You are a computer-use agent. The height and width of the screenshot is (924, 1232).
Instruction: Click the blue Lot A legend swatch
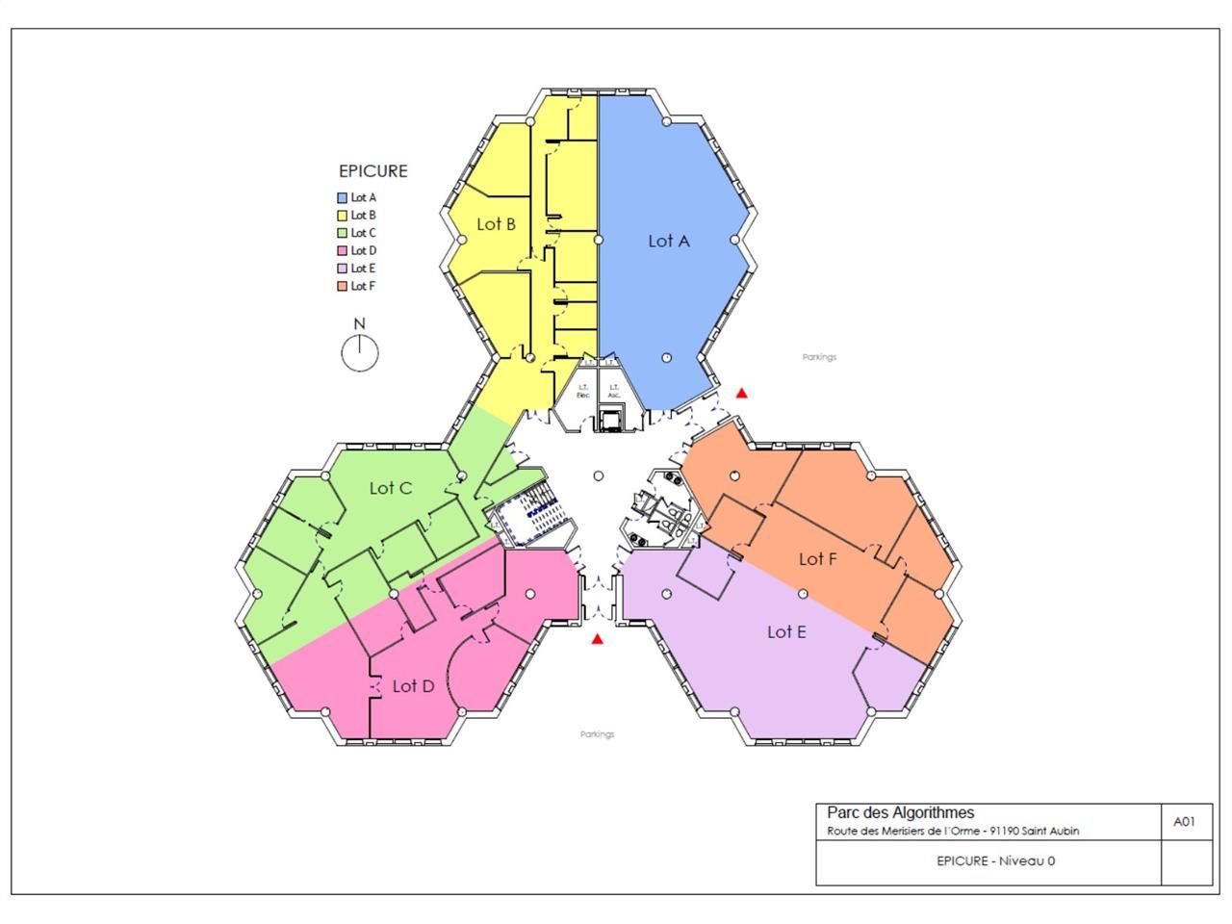coord(342,197)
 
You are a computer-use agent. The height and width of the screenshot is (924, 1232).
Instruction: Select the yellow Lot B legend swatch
coord(342,215)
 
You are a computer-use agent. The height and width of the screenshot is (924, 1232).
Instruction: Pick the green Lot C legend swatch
coord(342,233)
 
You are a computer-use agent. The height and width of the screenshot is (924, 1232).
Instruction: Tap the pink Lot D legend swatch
coord(342,250)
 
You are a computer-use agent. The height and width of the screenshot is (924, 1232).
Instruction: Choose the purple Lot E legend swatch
coord(342,269)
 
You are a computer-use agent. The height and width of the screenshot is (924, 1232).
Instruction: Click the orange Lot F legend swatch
coord(342,286)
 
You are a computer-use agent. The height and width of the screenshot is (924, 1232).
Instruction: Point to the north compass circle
coord(360,353)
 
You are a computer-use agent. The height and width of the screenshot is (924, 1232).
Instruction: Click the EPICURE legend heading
coord(372,171)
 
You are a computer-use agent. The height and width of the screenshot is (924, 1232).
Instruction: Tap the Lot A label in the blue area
coord(668,241)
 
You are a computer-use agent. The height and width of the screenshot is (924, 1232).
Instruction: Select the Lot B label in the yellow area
coord(497,224)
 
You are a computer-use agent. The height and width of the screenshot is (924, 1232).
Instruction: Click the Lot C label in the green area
coord(391,488)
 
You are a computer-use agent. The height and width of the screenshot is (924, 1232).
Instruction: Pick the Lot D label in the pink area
coord(413,686)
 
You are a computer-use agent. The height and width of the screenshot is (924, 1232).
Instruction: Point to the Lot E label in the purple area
coord(786,631)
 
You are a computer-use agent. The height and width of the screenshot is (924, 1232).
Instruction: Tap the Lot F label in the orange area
coord(817,558)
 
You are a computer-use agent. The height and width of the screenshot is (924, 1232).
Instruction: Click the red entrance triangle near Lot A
coord(741,393)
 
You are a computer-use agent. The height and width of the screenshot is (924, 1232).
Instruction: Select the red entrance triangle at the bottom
coord(598,639)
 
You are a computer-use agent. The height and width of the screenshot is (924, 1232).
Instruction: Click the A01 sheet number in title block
coord(1185,822)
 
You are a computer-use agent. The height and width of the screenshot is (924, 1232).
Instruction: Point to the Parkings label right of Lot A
coord(819,357)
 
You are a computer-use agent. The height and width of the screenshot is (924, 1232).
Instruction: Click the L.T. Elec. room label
coord(583,392)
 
